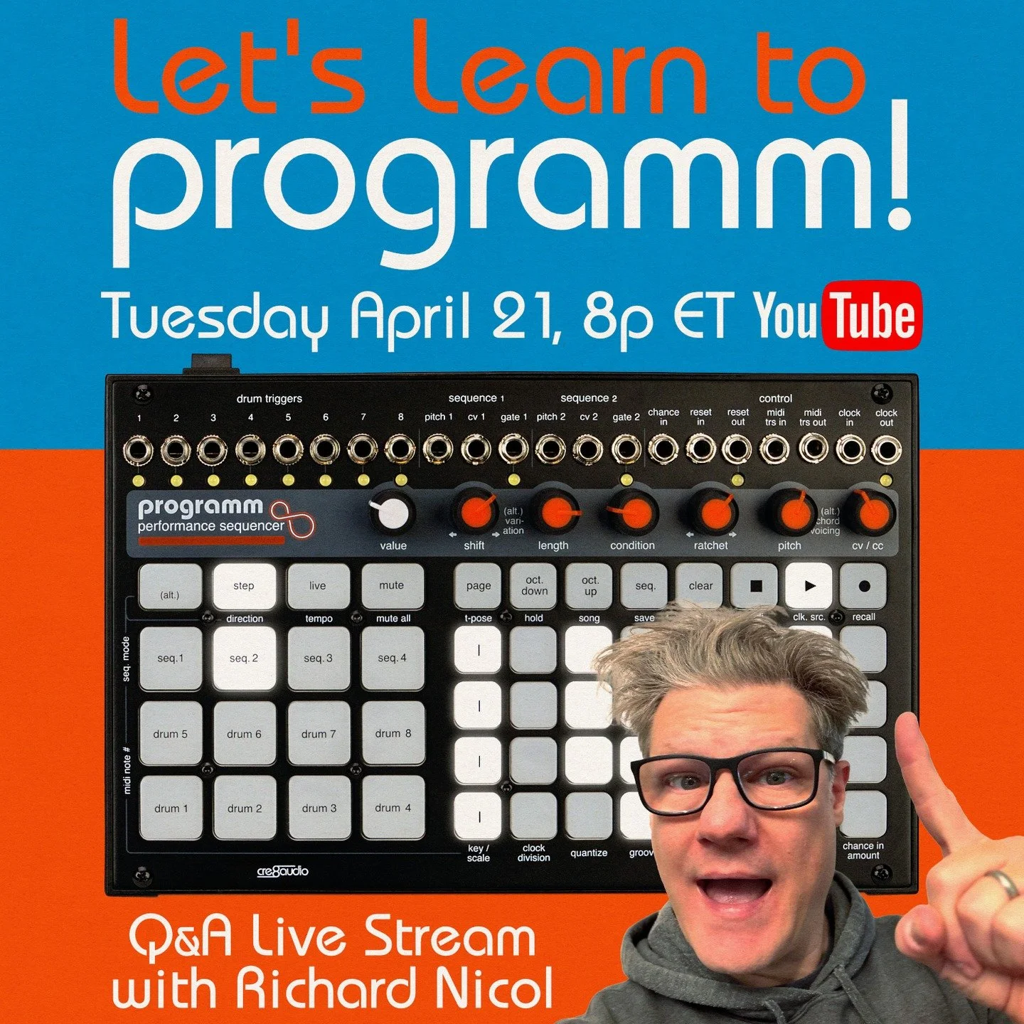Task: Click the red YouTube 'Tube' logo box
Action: point(873,316)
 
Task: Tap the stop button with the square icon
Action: point(755,586)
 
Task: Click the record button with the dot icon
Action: point(864,586)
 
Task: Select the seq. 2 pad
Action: point(244,658)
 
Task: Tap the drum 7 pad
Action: point(319,733)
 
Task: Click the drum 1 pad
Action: point(171,808)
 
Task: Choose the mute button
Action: point(392,586)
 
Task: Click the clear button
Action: point(700,586)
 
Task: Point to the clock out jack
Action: point(886,449)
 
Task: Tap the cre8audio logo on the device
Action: point(282,871)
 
